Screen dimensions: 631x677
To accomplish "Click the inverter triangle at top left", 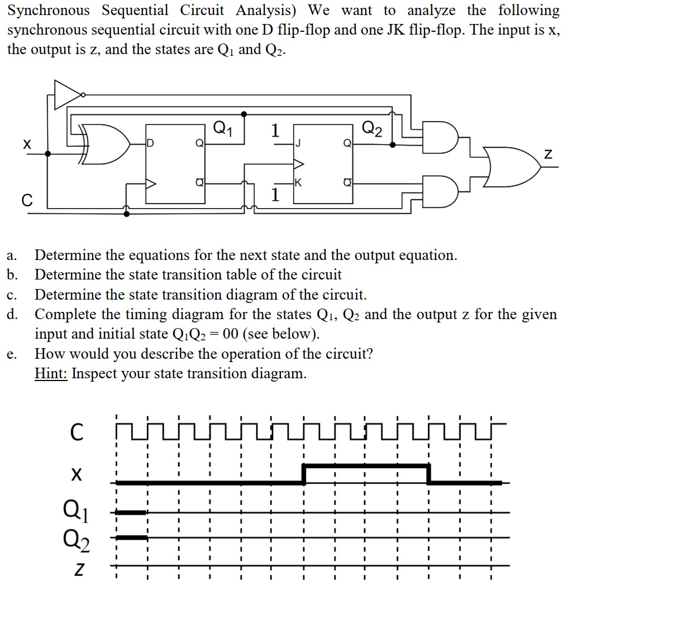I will coord(67,95).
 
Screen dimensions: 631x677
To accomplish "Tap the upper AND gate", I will coord(441,136).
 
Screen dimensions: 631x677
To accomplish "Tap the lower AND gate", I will coord(441,192).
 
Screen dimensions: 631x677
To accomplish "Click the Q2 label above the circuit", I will coord(372,129).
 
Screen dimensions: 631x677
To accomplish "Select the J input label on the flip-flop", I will coord(298,144).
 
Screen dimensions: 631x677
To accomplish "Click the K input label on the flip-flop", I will coord(298,182).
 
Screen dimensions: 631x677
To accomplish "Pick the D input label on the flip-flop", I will coord(150,144).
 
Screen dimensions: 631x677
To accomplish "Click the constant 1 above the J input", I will coord(274,131).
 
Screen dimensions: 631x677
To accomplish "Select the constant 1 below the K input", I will coord(274,195).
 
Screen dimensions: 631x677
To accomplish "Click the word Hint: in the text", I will coord(51,373).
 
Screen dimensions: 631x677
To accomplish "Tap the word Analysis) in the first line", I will coord(268,10).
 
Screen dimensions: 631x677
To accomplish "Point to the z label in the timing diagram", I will coord(80,570).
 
